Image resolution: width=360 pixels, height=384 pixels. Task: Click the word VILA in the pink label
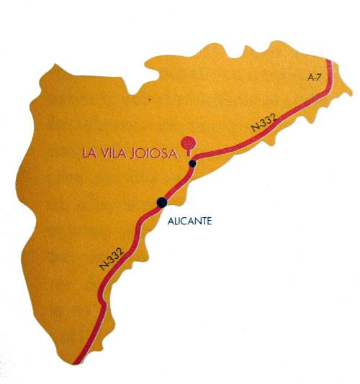(112, 152)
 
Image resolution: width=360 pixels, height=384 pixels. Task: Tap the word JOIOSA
(153, 152)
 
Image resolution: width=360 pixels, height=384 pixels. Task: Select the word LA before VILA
(89, 152)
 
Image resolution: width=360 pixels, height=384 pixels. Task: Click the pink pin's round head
(189, 140)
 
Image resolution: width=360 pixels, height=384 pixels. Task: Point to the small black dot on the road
(192, 165)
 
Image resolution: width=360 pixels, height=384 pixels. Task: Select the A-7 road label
(313, 78)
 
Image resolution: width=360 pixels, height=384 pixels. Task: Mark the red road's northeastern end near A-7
(330, 62)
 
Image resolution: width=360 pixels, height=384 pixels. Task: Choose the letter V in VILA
(103, 152)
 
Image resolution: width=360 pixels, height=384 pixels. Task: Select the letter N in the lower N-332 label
(102, 268)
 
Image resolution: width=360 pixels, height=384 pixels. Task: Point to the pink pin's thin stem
(189, 152)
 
